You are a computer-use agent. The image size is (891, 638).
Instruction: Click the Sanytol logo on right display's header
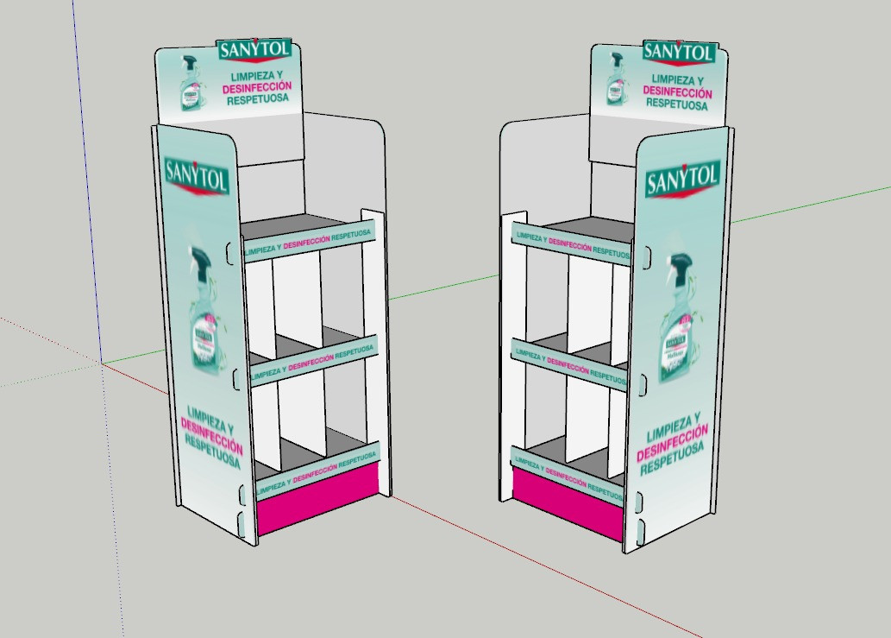(x=679, y=52)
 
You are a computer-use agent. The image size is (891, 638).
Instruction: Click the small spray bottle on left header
(x=190, y=85)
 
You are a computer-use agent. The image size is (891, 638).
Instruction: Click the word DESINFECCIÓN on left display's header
(x=256, y=88)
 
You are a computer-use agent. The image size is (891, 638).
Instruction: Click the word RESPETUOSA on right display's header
(x=678, y=104)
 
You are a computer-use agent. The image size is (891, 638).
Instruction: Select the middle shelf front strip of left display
(x=312, y=360)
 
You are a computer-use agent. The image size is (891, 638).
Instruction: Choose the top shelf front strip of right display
(x=571, y=242)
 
